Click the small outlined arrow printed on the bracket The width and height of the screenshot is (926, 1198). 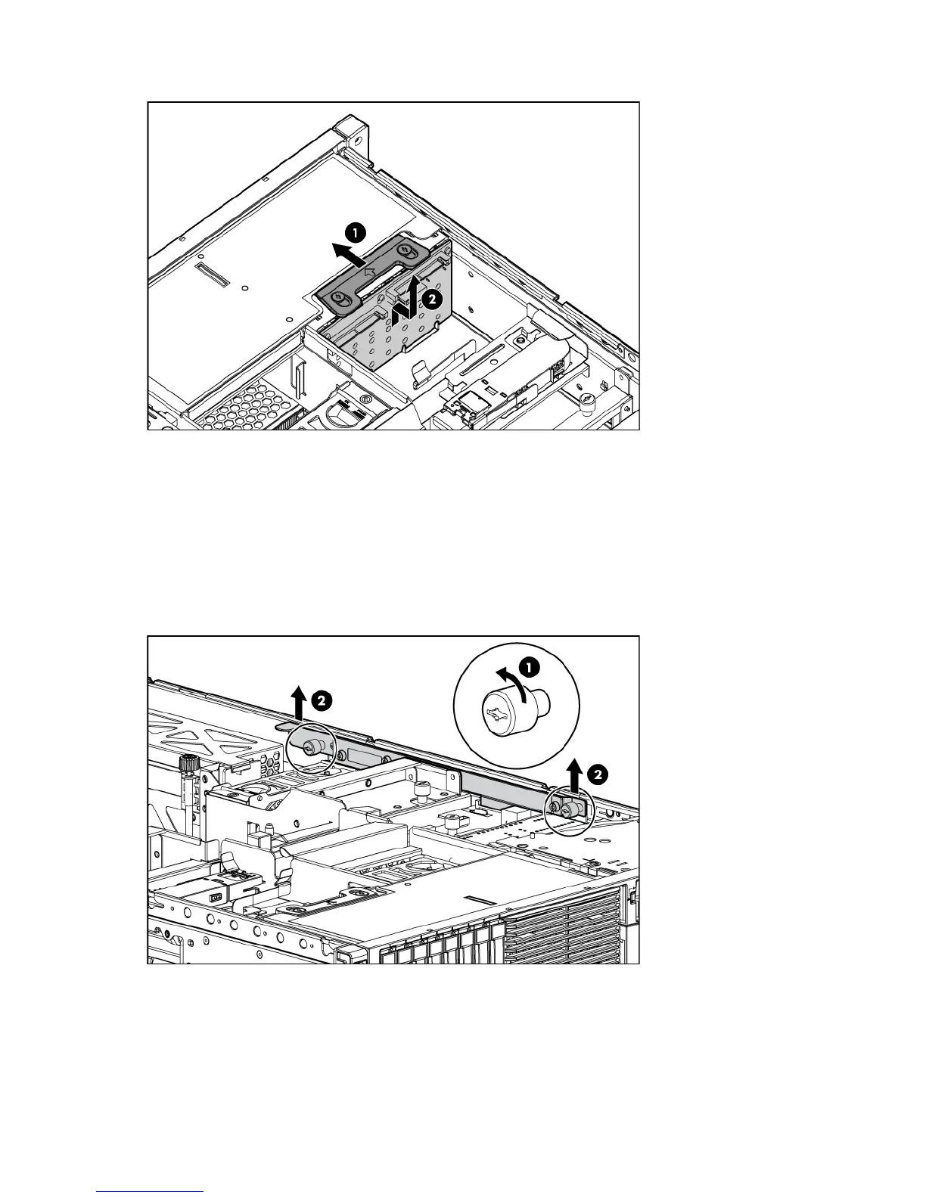pyautogui.click(x=369, y=270)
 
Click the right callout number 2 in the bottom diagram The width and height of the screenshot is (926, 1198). pyautogui.click(x=596, y=773)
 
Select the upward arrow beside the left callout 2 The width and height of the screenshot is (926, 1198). pyautogui.click(x=300, y=702)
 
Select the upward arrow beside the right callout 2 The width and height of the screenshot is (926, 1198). pyautogui.click(x=575, y=774)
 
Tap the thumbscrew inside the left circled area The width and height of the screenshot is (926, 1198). pyautogui.click(x=309, y=748)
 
